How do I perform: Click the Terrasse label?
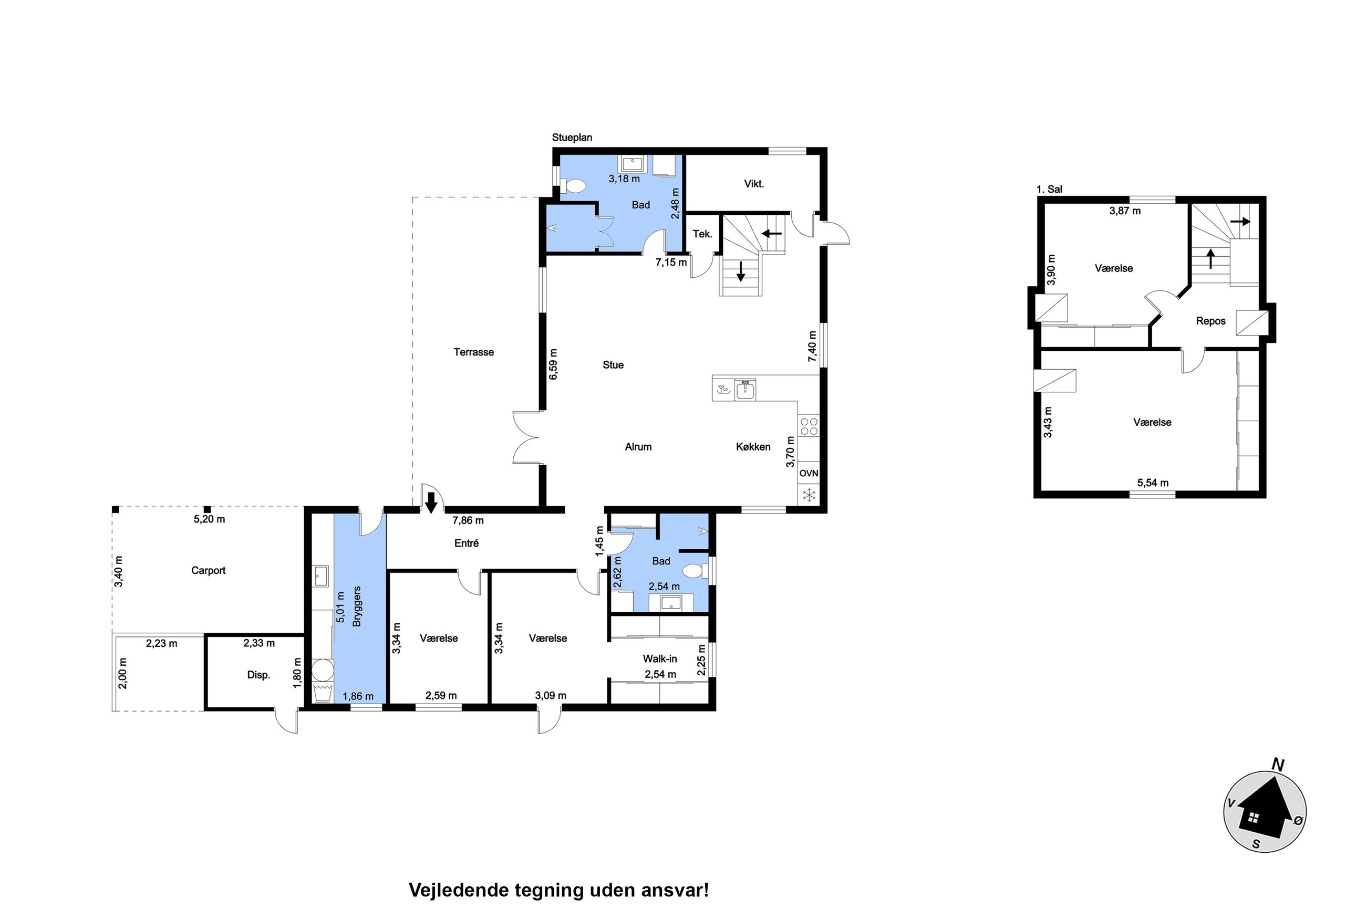click(473, 352)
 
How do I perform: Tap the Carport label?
click(208, 570)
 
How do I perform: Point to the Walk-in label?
click(659, 658)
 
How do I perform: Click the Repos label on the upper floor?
click(1210, 321)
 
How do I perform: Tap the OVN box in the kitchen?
click(808, 474)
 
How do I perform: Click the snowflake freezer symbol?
click(808, 495)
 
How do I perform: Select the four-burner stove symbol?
click(809, 426)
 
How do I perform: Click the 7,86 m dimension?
click(468, 520)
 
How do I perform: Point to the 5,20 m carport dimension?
click(209, 519)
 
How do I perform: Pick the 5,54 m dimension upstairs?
click(1152, 483)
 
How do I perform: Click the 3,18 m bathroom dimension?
click(624, 179)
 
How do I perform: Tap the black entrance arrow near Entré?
click(431, 503)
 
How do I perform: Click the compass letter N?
click(1277, 766)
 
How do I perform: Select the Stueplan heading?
click(572, 138)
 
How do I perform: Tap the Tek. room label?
click(702, 234)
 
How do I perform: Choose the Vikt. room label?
click(753, 184)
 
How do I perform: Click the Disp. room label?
click(258, 675)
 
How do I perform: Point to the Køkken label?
click(753, 447)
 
